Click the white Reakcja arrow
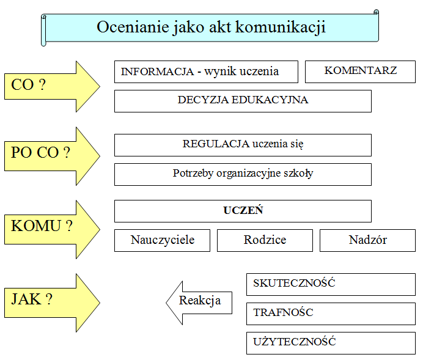199,303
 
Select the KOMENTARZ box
360,72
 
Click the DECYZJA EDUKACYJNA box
243,101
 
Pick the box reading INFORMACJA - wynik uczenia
206,72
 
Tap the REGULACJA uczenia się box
243,145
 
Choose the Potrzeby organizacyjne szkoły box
243,174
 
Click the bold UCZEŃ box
243,211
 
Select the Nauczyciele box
162,240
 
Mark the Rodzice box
265,240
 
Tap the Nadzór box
367,240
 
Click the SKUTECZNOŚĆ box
331,284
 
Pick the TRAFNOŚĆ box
331,314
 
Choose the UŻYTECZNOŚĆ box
331,343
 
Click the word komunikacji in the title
281,28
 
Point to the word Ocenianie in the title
133,27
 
